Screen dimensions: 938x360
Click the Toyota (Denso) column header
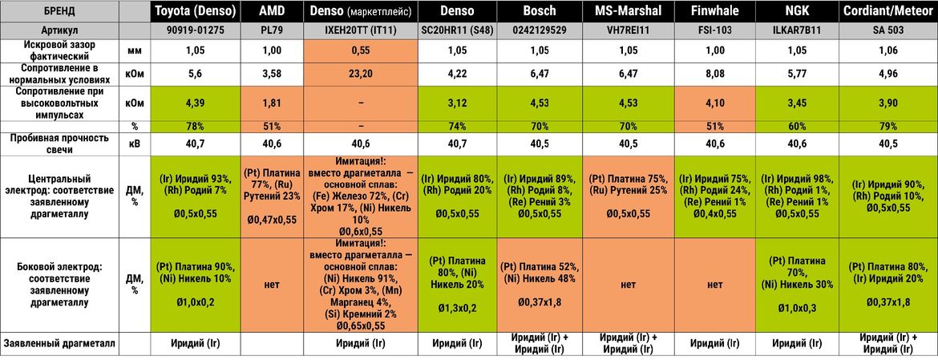click(x=195, y=10)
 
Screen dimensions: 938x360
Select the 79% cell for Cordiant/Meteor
click(x=888, y=126)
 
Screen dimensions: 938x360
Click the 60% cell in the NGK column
click(x=798, y=126)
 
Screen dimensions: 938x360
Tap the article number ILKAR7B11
click(x=798, y=30)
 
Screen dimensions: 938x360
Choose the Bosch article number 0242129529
click(x=539, y=30)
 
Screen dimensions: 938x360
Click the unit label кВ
click(x=135, y=144)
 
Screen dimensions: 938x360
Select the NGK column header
click(x=798, y=10)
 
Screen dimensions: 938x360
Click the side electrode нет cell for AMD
click(x=271, y=285)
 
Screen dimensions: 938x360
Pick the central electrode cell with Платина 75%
click(x=629, y=197)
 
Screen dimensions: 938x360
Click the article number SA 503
click(x=888, y=30)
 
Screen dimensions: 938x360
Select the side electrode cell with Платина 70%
click(x=798, y=285)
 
